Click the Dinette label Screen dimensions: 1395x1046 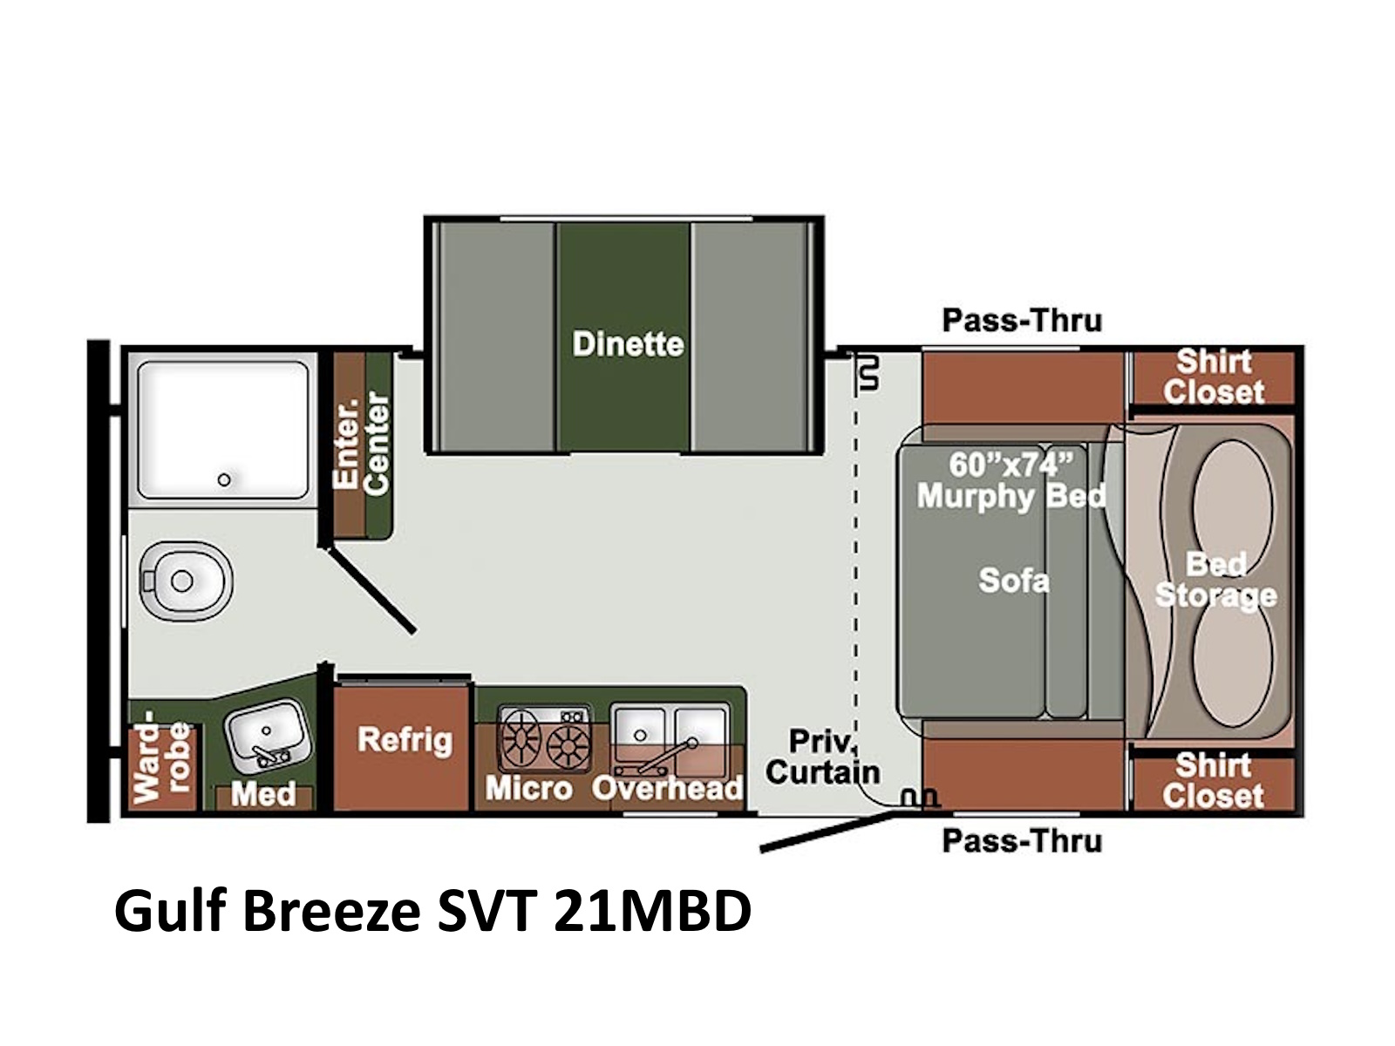tap(628, 344)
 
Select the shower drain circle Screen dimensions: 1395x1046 tap(224, 479)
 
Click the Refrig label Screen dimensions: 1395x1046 tap(405, 740)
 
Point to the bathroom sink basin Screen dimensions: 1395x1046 tap(269, 734)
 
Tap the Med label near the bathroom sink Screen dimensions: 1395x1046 tap(263, 794)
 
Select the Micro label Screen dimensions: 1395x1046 tap(528, 789)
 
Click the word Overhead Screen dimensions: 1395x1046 tap(667, 788)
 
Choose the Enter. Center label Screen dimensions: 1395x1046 tap(362, 442)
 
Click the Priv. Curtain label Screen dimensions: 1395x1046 tap(824, 757)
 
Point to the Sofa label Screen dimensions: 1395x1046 tap(1014, 580)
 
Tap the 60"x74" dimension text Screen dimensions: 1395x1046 tap(1011, 465)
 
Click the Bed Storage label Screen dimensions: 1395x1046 tap(1215, 580)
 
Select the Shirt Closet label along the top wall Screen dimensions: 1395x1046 tap(1214, 377)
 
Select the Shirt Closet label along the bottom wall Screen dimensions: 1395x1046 tap(1214, 780)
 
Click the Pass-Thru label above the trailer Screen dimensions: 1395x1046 tap(1022, 321)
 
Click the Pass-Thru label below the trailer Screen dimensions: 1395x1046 tap(1022, 841)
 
